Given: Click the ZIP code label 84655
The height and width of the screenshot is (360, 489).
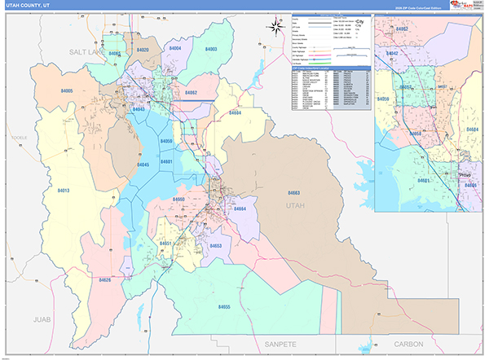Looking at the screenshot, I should click(224, 306).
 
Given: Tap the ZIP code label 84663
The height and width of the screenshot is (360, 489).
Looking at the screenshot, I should click(294, 192).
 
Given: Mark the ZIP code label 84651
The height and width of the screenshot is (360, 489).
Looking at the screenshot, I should click(165, 243).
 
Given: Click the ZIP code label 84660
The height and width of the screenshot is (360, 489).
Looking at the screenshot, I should click(179, 199).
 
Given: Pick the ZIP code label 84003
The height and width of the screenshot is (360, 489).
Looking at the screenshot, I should click(211, 50).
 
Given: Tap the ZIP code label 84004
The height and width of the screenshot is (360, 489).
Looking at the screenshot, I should click(175, 50).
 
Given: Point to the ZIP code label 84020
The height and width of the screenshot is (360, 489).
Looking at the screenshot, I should click(143, 50).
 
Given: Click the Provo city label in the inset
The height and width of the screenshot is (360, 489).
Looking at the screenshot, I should click(465, 173).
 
